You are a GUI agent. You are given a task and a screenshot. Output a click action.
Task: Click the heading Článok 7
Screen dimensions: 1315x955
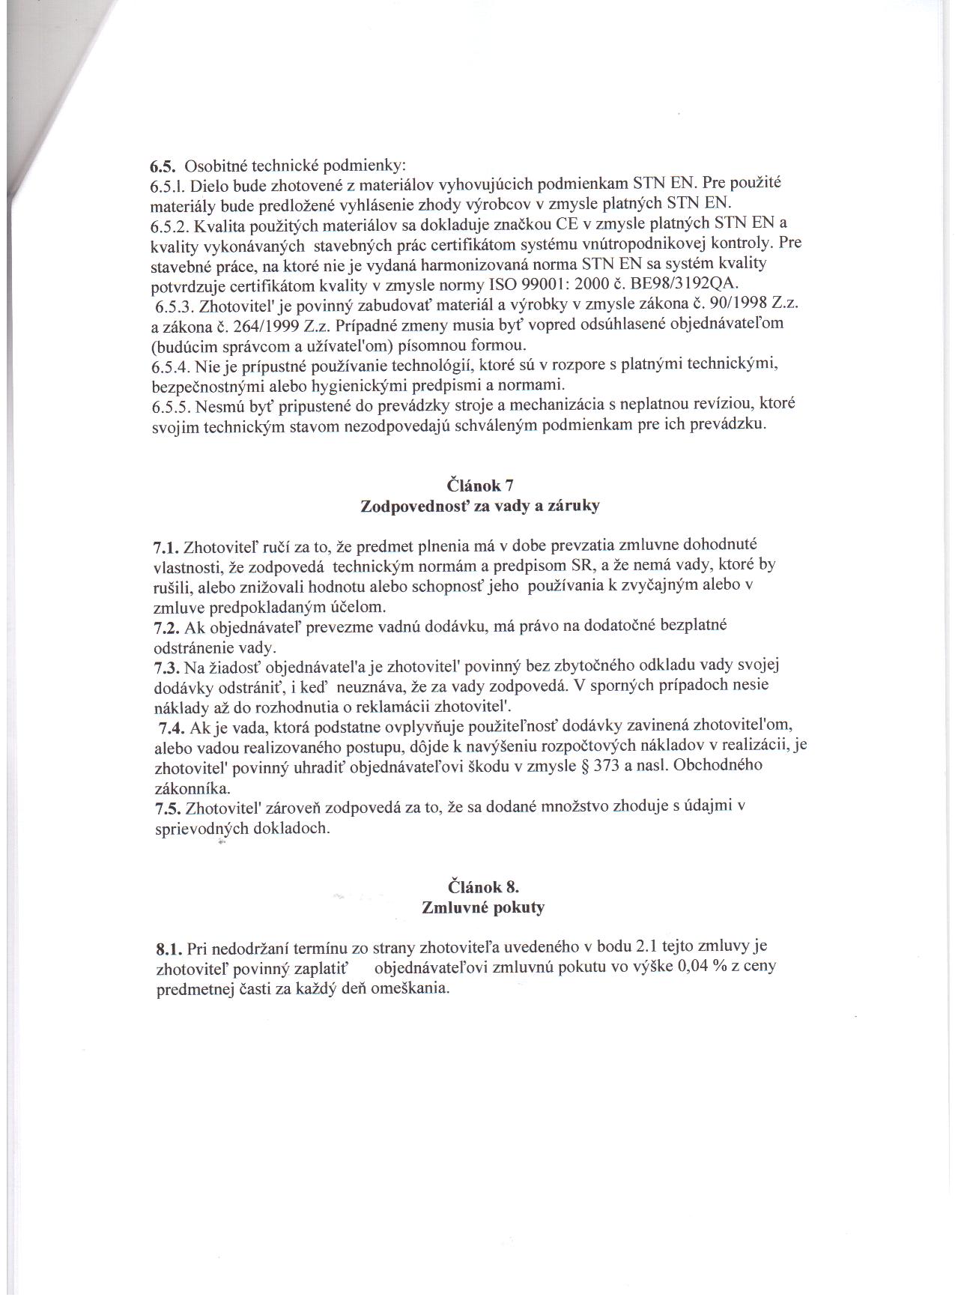(x=480, y=485)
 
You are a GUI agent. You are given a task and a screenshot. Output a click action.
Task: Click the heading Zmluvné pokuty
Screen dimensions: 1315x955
(x=483, y=907)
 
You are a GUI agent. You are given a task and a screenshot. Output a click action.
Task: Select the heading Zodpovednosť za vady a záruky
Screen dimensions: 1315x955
(x=480, y=505)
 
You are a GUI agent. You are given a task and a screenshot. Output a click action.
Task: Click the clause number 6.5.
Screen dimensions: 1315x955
(x=163, y=165)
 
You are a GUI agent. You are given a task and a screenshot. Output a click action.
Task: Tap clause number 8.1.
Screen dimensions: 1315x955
(x=169, y=949)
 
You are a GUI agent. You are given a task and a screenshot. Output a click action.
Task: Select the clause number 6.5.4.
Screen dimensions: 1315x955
(x=173, y=366)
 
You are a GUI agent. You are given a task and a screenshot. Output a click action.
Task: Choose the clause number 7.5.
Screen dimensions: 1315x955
(x=168, y=808)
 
